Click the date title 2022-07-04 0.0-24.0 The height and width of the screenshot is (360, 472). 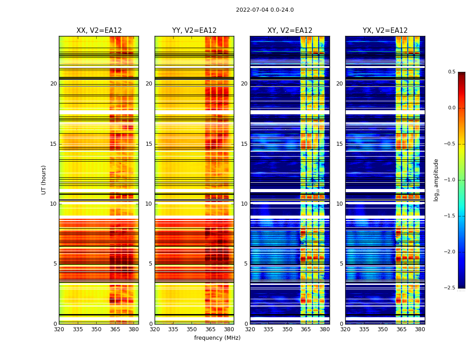click(265, 10)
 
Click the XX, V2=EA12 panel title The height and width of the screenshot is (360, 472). click(99, 31)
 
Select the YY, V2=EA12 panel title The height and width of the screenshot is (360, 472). click(194, 31)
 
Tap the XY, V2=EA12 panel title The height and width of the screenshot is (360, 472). click(290, 31)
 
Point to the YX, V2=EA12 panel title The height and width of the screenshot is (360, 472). click(385, 31)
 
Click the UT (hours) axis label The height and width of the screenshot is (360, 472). click(44, 180)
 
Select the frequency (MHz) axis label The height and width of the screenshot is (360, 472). click(217, 338)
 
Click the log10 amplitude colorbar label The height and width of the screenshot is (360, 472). click(436, 180)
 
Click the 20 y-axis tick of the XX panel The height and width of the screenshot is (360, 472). click(53, 84)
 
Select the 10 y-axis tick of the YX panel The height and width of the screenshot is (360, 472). click(340, 204)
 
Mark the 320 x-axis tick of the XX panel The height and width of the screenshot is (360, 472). click(59, 329)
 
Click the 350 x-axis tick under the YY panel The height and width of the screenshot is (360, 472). click(192, 329)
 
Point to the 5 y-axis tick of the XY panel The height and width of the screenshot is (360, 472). click(246, 264)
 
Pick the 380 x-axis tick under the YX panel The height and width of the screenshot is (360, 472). click(420, 329)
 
